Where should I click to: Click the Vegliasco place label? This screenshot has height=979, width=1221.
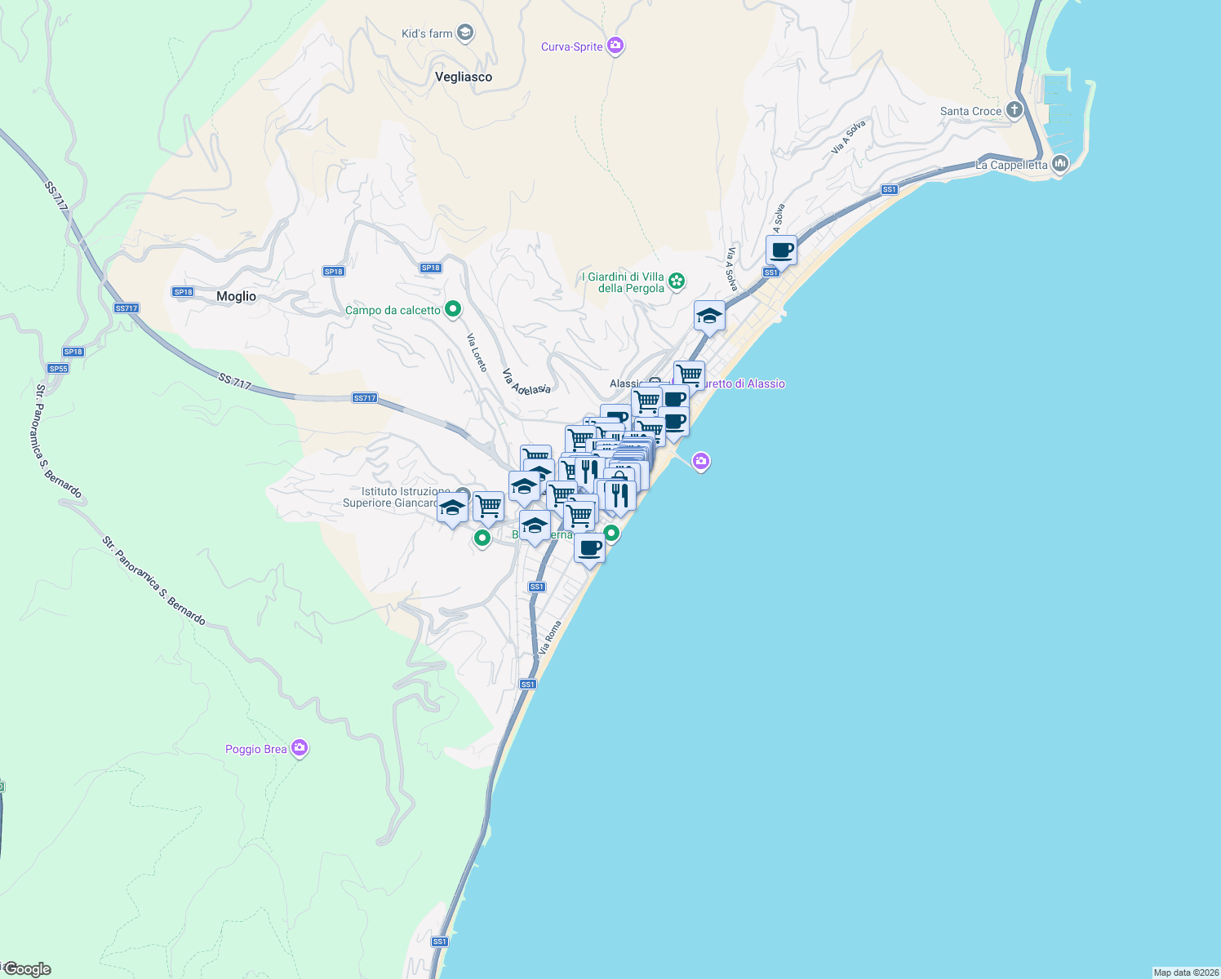pos(463,77)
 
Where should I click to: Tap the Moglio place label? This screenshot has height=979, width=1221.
pos(236,297)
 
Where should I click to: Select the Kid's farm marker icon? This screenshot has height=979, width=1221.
pos(465,33)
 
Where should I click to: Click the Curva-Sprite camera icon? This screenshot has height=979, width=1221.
pos(616,47)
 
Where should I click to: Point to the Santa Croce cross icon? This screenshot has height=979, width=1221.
pos(1014,110)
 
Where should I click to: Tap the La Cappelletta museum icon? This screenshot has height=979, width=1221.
pos(1060,164)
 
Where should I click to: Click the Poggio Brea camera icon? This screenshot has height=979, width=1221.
pos(300,748)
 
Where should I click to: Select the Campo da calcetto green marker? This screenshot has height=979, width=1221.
pos(453,309)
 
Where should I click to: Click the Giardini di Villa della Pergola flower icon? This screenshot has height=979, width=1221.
pos(677,281)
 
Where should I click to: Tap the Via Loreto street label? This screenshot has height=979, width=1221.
pos(477,352)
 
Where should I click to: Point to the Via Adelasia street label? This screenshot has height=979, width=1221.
pos(526,382)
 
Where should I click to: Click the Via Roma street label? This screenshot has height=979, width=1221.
pos(550,637)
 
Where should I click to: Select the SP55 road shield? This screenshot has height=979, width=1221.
pos(57,369)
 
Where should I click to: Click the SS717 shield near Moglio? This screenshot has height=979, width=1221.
pos(127,308)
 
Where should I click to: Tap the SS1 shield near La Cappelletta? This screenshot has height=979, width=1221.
pos(890,189)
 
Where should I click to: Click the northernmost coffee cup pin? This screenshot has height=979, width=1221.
pos(781,250)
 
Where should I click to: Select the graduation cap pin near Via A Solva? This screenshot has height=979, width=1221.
pos(709,316)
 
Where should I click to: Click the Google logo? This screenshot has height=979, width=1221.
pos(28,969)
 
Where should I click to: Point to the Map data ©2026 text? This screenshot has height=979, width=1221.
pos(1185,972)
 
